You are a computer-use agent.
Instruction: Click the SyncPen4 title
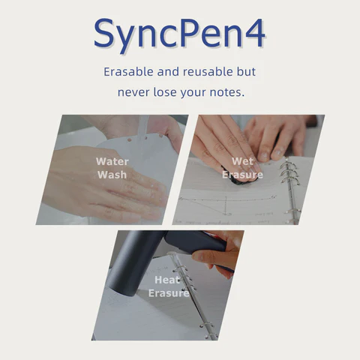pos(180,34)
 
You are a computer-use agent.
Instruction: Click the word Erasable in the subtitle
pos(128,73)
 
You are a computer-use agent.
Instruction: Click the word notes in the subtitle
pos(226,93)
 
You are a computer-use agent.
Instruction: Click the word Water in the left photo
pos(112,161)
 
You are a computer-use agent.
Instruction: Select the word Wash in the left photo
pos(112,175)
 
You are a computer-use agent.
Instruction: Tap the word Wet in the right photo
pos(242,161)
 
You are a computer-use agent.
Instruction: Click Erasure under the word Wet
pos(242,175)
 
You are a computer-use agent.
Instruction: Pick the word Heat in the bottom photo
pos(168,280)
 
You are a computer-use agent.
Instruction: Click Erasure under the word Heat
pos(168,293)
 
